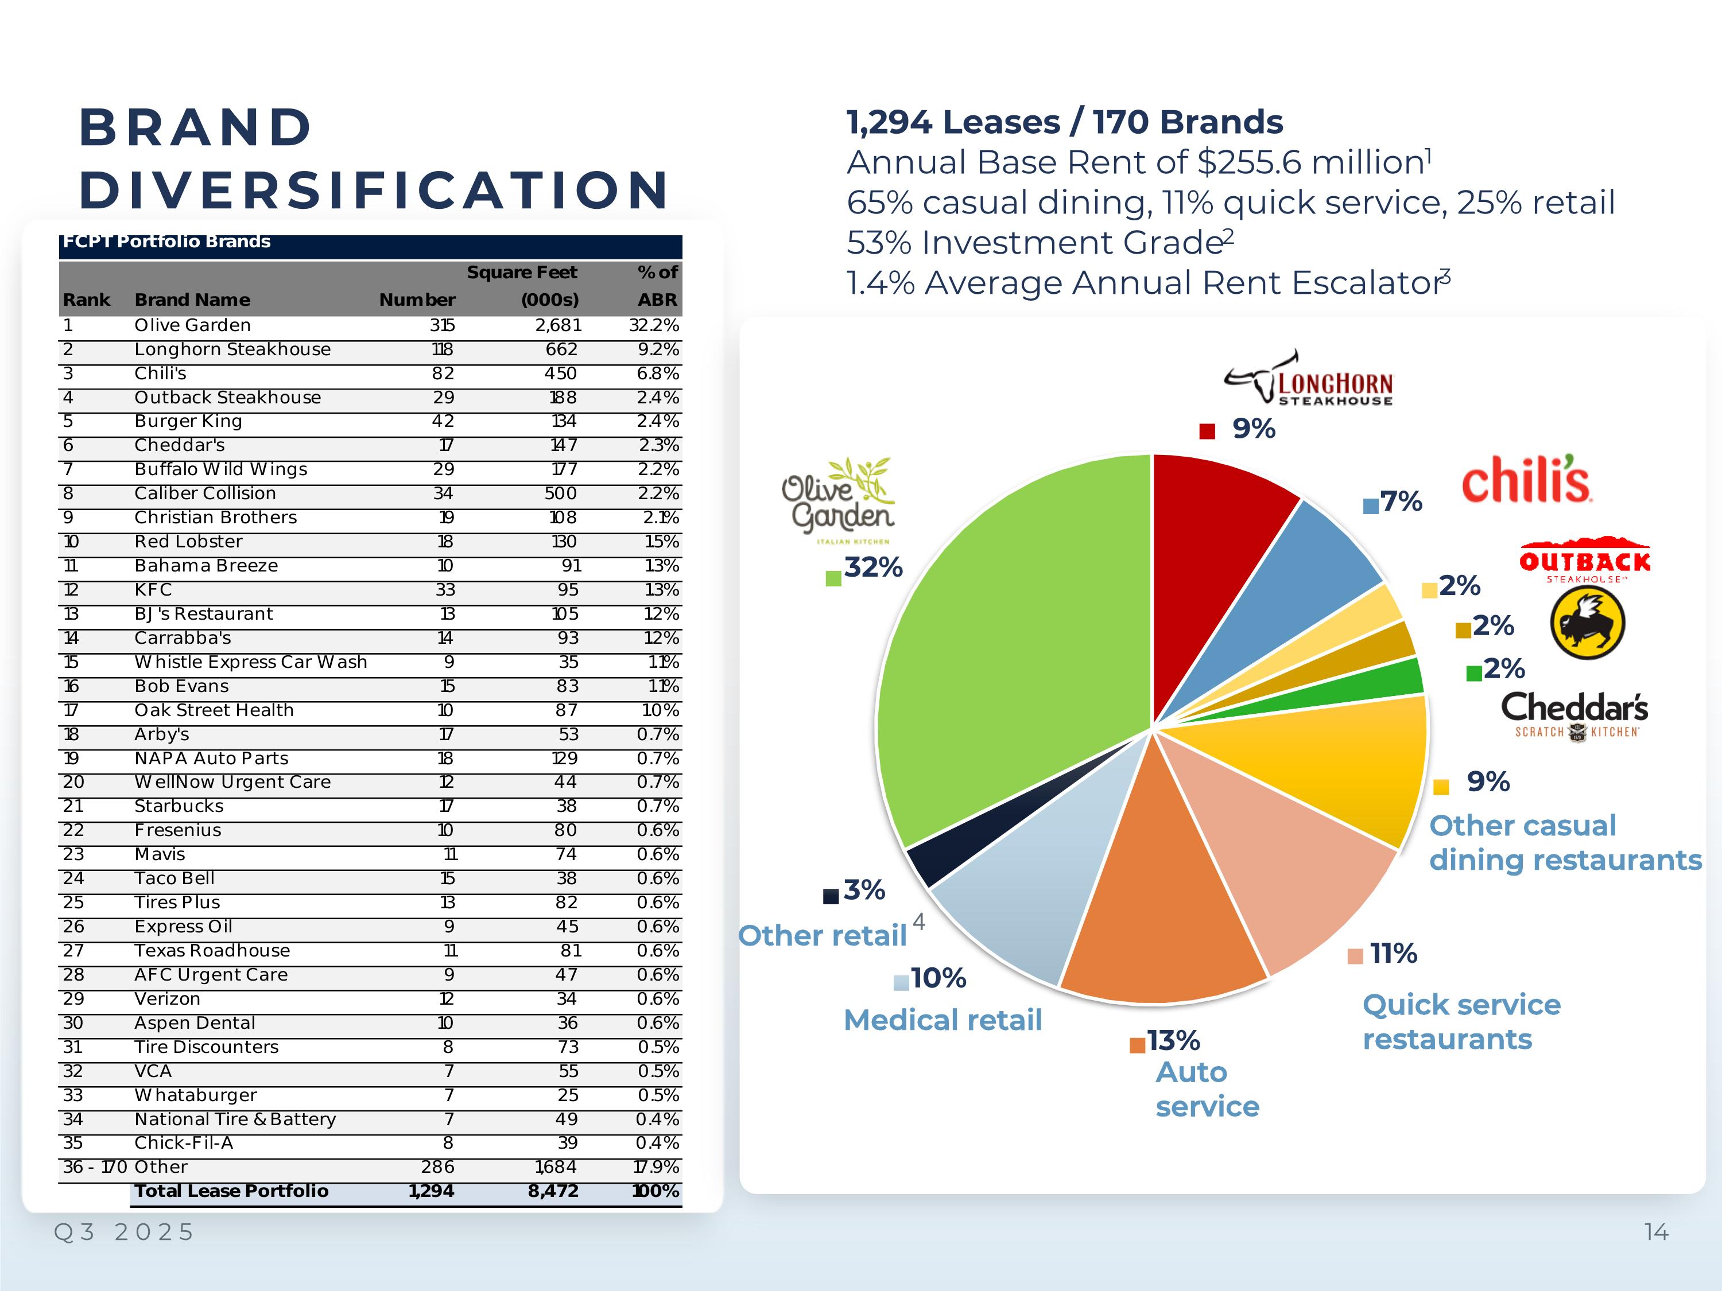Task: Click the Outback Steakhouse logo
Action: coord(1584,560)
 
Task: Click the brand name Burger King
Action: coord(188,421)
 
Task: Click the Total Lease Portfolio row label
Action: coord(231,1191)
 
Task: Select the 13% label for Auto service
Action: coord(1173,1040)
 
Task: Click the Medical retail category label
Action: coord(943,1020)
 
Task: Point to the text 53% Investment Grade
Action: coord(1035,243)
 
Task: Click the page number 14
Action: coord(1657,1232)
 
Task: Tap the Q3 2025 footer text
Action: coord(124,1232)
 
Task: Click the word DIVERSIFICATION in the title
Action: coord(374,190)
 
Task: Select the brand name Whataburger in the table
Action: coord(195,1095)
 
